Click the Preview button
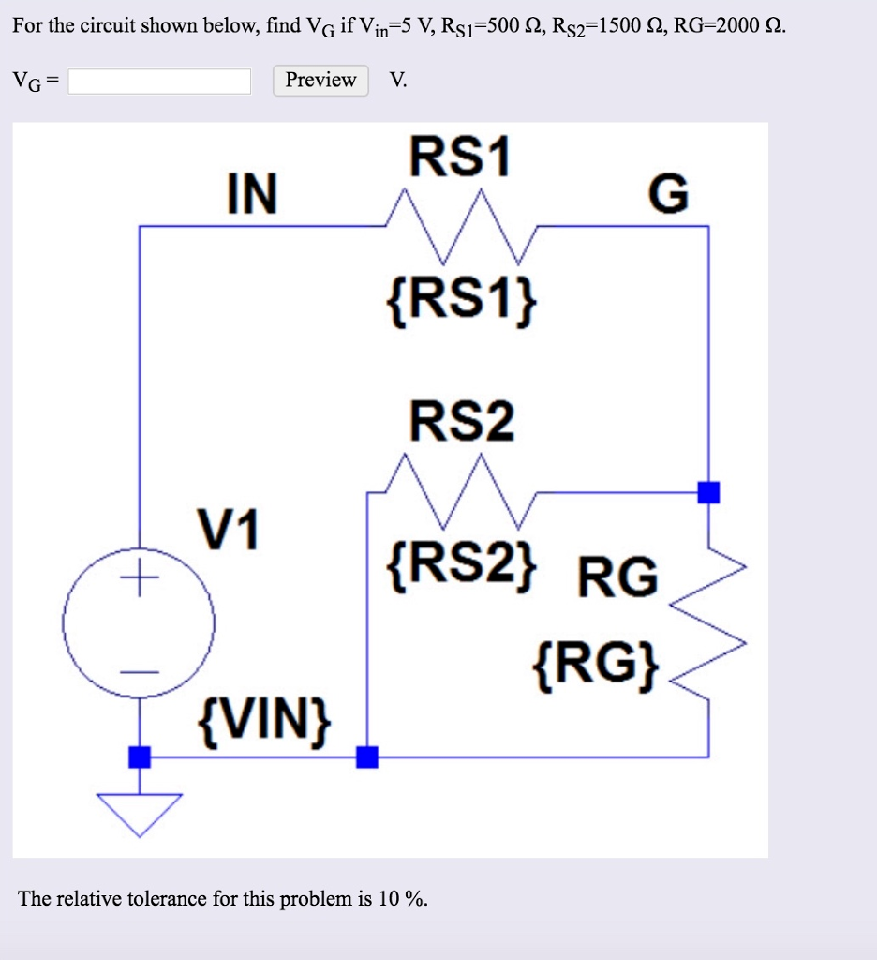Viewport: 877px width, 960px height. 320,81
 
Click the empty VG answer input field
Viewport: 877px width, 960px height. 159,82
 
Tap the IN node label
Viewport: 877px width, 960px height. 252,195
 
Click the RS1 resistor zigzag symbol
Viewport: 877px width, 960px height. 459,225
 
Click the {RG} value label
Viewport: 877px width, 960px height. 597,664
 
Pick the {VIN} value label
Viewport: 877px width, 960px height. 263,721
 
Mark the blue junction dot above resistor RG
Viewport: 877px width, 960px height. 709,491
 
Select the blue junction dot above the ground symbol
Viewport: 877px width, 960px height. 140,757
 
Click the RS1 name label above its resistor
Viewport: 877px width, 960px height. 461,158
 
